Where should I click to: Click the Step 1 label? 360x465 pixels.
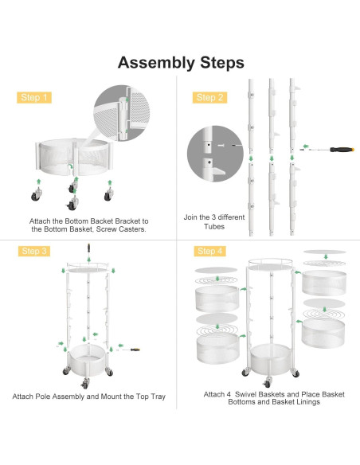(x=34, y=98)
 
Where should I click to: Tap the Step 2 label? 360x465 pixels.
(x=209, y=98)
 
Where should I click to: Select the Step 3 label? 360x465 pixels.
(x=34, y=251)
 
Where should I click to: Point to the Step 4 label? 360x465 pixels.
(x=210, y=251)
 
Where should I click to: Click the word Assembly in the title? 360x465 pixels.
(x=156, y=63)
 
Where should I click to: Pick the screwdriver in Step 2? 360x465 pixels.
(x=327, y=150)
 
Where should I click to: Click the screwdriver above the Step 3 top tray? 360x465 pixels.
(x=88, y=248)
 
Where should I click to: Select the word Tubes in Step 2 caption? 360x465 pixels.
(x=214, y=227)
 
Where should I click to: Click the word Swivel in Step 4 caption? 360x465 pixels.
(x=245, y=394)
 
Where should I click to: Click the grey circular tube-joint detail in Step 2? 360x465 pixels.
(x=215, y=154)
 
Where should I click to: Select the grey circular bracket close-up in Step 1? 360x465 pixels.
(x=122, y=113)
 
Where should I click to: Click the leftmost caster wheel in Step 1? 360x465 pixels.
(x=37, y=194)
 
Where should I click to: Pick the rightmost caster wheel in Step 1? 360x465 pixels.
(x=108, y=194)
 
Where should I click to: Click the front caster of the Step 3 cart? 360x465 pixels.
(x=84, y=384)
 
